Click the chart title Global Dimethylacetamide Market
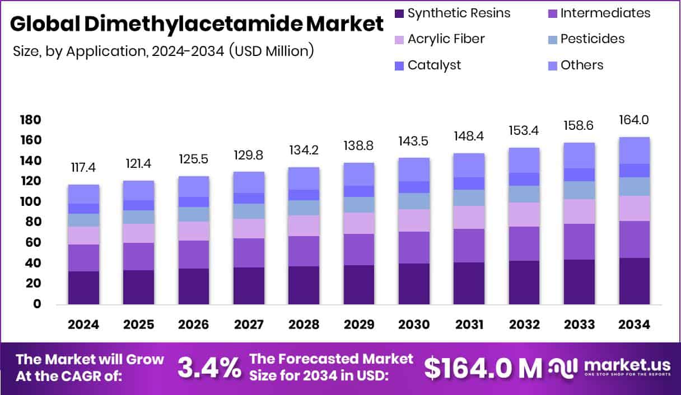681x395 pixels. pyautogui.click(x=197, y=25)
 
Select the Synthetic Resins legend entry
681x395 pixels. pyautogui.click(x=459, y=13)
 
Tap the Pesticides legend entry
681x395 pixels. pyautogui.click(x=592, y=39)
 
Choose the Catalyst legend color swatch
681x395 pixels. pyautogui.click(x=399, y=65)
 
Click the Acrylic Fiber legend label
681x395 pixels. pyautogui.click(x=446, y=39)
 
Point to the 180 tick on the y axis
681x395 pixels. pyautogui.click(x=30, y=120)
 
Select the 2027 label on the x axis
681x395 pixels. pyautogui.click(x=249, y=325)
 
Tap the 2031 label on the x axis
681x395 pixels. pyautogui.click(x=469, y=325)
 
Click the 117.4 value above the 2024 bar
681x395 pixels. pyautogui.click(x=83, y=168)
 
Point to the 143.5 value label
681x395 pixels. pyautogui.click(x=414, y=142)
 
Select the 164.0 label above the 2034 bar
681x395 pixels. pyautogui.click(x=634, y=120)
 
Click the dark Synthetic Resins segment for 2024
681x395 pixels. pyautogui.click(x=83, y=288)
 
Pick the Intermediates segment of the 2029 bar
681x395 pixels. pyautogui.click(x=358, y=250)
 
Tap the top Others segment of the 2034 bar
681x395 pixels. pyautogui.click(x=634, y=150)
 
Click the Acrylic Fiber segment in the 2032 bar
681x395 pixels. pyautogui.click(x=524, y=214)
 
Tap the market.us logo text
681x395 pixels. pyautogui.click(x=626, y=364)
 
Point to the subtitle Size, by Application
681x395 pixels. pyautogui.click(x=162, y=51)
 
